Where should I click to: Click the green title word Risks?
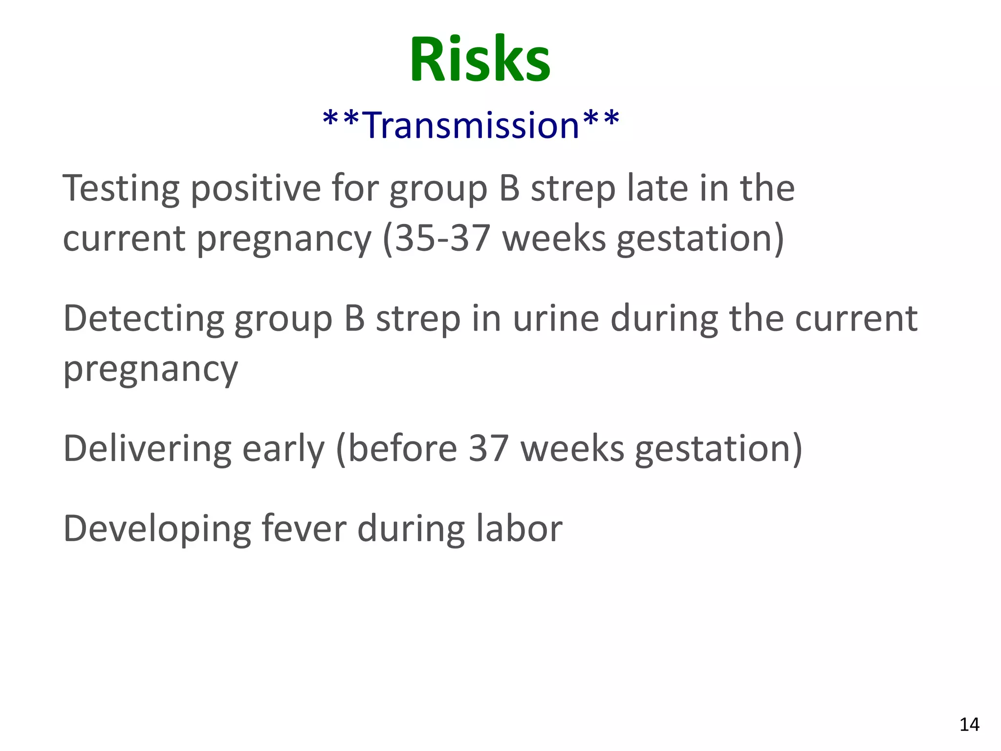click(x=480, y=60)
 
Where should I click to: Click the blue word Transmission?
click(x=472, y=125)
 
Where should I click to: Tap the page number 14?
click(x=969, y=725)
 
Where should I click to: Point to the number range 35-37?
click(x=442, y=239)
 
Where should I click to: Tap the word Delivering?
click(x=147, y=448)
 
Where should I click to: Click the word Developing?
click(x=157, y=530)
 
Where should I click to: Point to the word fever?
click(x=304, y=529)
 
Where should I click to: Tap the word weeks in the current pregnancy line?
click(x=554, y=239)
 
